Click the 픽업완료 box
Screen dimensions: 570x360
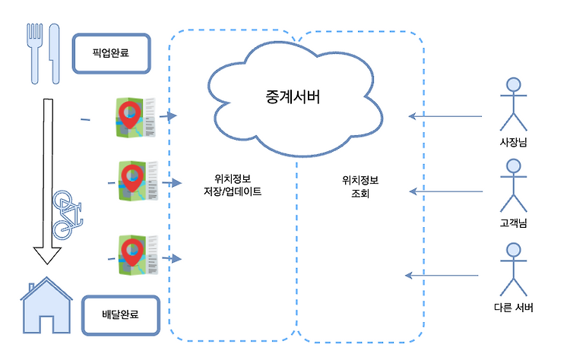tap(111, 53)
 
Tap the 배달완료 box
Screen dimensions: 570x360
tap(121, 315)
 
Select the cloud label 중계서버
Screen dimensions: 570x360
tap(293, 97)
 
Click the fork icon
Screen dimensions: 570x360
tap(35, 53)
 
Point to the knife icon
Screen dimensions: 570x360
tap(54, 53)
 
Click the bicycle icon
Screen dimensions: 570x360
tap(67, 215)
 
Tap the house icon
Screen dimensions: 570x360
tap(46, 305)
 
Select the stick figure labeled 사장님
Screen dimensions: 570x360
tap(513, 104)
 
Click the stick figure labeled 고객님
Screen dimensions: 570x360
tap(513, 185)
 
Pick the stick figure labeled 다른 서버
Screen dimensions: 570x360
tap(513, 270)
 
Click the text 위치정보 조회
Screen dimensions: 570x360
tap(360, 187)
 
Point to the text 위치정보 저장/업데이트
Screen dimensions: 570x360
tap(233, 185)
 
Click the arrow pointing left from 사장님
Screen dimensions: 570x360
tap(445, 116)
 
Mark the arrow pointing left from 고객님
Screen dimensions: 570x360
tap(445, 191)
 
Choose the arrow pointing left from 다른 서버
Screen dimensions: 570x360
tap(442, 276)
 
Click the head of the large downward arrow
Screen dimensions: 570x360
tap(47, 256)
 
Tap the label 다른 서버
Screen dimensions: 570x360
tap(513, 308)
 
